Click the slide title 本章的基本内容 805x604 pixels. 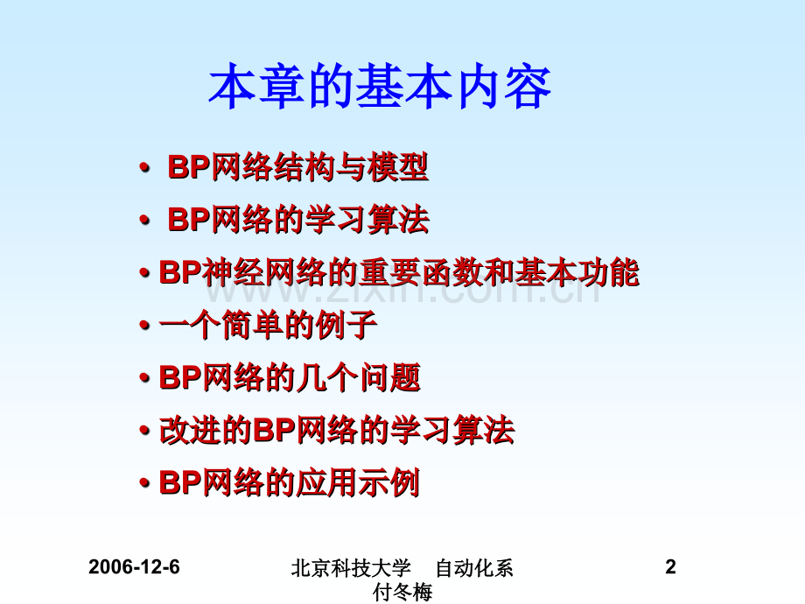click(380, 87)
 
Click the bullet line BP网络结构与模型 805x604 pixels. click(298, 167)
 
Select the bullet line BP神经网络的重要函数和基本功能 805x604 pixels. click(399, 272)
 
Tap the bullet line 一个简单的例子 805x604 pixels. click(269, 325)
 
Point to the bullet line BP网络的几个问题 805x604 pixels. click(290, 377)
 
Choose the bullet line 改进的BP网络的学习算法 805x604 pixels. click(337, 431)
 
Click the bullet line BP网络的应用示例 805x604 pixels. click(290, 483)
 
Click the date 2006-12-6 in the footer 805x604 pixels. click(134, 567)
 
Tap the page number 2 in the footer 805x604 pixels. click(670, 567)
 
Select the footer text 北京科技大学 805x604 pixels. click(351, 568)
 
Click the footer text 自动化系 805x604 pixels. click(474, 568)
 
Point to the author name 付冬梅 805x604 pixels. click(402, 593)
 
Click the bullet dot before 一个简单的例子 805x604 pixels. click(144, 325)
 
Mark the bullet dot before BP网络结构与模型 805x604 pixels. click(144, 167)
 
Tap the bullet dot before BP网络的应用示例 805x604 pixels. click(144, 483)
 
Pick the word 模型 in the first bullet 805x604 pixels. click(398, 167)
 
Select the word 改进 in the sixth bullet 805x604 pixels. click(190, 431)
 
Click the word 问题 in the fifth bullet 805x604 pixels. click(391, 377)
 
